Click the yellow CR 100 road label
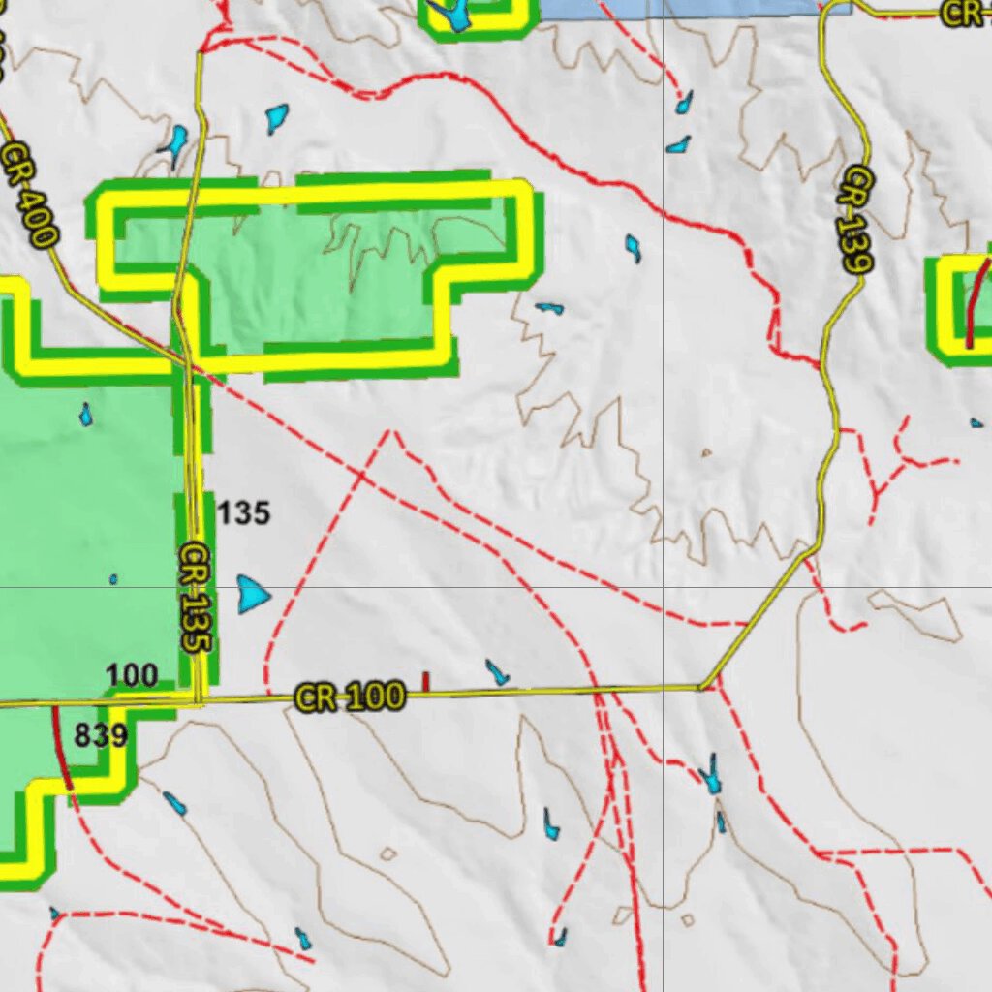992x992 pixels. (349, 697)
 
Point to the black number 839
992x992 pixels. (101, 736)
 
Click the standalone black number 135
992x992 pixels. (242, 512)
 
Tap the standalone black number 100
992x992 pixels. (132, 675)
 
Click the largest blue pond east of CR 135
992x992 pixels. (253, 594)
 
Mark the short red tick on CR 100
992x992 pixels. (425, 682)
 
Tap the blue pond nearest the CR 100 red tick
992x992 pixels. (497, 671)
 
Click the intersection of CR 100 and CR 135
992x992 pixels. (198, 699)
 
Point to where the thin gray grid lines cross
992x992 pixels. (663, 587)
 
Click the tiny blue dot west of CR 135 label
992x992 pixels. (113, 579)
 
